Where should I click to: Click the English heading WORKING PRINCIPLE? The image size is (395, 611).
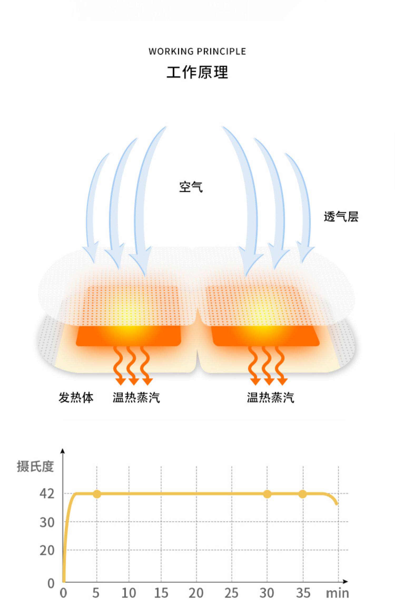pyautogui.click(x=197, y=51)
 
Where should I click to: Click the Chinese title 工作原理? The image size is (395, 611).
pyautogui.click(x=197, y=72)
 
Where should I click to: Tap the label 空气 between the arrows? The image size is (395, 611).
pyautogui.click(x=191, y=187)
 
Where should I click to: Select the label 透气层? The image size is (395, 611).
pyautogui.click(x=341, y=217)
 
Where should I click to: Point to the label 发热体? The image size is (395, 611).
pyautogui.click(x=76, y=397)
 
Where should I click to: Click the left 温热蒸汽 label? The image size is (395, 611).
pyautogui.click(x=136, y=397)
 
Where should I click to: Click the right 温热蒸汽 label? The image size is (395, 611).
pyautogui.click(x=270, y=397)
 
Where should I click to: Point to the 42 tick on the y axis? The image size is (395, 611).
pyautogui.click(x=47, y=494)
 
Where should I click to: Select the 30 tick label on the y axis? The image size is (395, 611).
pyautogui.click(x=47, y=523)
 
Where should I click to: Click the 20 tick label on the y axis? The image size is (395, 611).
pyautogui.click(x=47, y=551)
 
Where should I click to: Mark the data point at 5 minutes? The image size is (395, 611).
pyautogui.click(x=97, y=494)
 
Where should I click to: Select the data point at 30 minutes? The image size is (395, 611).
pyautogui.click(x=267, y=494)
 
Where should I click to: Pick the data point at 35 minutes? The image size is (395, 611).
pyautogui.click(x=303, y=494)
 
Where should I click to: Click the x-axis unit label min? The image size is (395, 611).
pyautogui.click(x=337, y=593)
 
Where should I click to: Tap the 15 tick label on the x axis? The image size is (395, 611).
pyautogui.click(x=161, y=593)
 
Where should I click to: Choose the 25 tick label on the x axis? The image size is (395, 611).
pyautogui.click(x=231, y=593)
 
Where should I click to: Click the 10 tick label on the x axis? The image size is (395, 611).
pyautogui.click(x=129, y=593)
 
